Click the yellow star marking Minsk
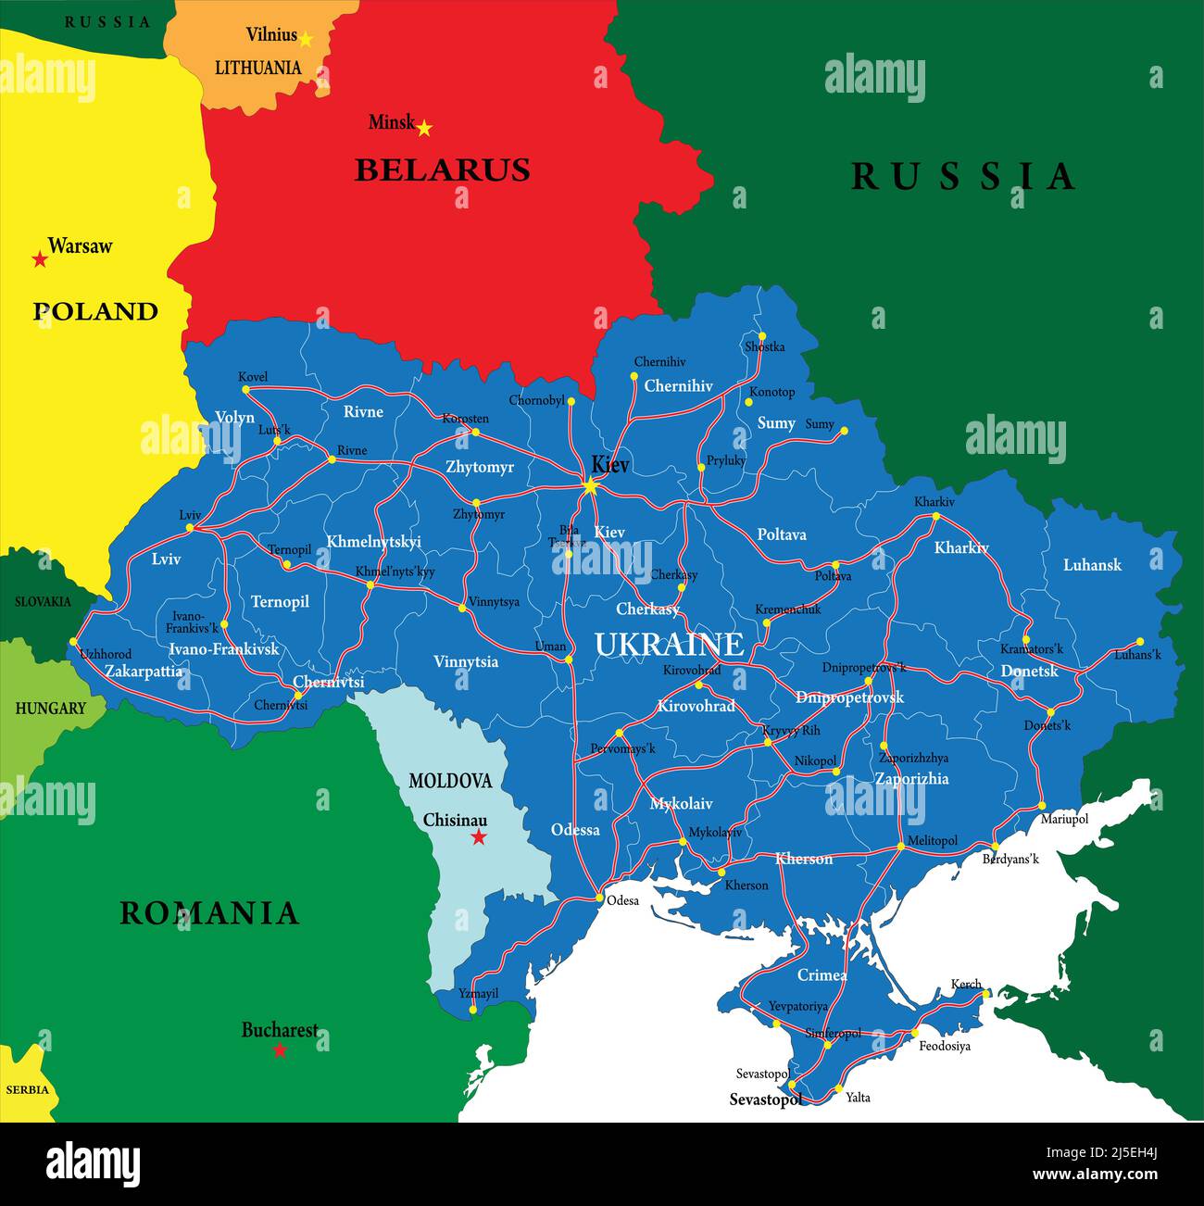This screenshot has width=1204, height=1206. [424, 129]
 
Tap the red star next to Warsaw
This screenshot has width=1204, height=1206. [40, 259]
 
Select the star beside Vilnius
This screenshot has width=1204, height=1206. [306, 39]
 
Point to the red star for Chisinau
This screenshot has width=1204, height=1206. [479, 837]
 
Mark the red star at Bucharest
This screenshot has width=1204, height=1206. [280, 1050]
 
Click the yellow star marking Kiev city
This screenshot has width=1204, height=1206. [591, 486]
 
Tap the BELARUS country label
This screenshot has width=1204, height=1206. [442, 170]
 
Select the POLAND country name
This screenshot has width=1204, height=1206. [95, 311]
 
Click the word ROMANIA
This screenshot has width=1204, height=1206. [209, 913]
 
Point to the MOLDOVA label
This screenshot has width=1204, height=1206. [450, 781]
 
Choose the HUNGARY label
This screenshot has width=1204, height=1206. [50, 709]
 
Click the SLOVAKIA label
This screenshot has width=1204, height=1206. [43, 602]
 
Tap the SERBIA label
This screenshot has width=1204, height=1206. [27, 1089]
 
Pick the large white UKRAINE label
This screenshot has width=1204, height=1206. [669, 645]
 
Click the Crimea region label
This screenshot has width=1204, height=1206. [821, 975]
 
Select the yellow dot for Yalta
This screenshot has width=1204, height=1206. [838, 1089]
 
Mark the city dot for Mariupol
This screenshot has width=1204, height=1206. [1042, 805]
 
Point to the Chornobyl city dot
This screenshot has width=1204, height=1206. [571, 402]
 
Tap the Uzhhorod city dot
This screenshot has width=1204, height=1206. [74, 641]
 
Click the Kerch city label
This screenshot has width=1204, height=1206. [965, 985]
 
